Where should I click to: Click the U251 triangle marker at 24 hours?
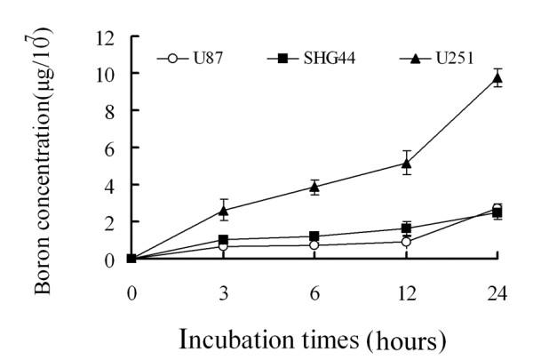point(497,78)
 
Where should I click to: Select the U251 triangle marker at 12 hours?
point(406,163)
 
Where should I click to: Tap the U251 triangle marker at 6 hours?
point(314,187)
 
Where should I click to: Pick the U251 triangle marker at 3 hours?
point(223,211)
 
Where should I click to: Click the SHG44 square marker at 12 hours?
point(406,228)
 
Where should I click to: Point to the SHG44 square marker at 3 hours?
point(223,240)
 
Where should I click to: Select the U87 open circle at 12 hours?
point(406,241)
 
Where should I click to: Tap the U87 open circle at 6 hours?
point(314,244)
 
